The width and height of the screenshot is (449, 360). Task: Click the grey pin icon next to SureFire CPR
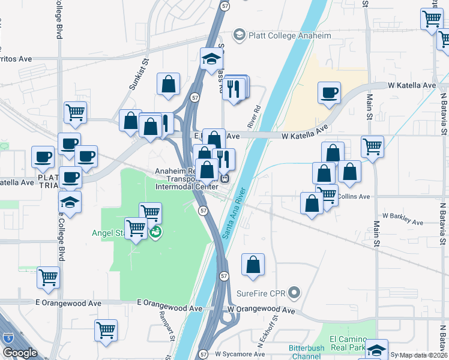click(x=294, y=293)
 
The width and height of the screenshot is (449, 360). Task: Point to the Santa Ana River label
click(x=234, y=214)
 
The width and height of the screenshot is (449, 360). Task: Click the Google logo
click(x=20, y=353)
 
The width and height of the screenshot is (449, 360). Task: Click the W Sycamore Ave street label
click(x=240, y=354)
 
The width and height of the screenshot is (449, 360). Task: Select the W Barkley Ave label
click(x=403, y=218)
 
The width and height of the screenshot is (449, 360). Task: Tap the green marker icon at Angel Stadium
click(x=155, y=232)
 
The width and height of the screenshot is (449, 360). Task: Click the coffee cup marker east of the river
click(x=329, y=94)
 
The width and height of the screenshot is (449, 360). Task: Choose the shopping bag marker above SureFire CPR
click(x=253, y=265)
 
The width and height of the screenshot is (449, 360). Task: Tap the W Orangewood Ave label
click(x=261, y=310)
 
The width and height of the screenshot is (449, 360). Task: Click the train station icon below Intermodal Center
click(x=225, y=178)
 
